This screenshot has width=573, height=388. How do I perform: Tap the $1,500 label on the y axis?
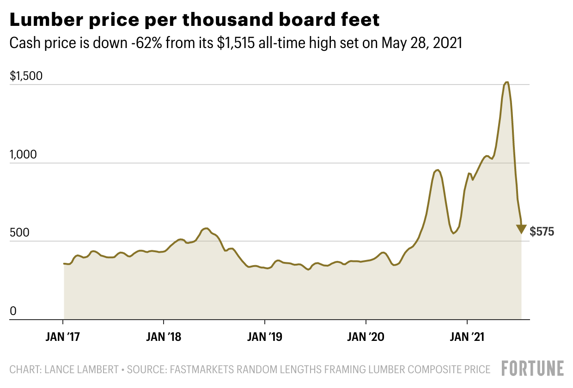pyautogui.click(x=26, y=76)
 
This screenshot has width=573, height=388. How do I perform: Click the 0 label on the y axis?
pyautogui.click(x=13, y=312)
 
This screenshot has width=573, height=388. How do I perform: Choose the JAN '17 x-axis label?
pyautogui.click(x=63, y=337)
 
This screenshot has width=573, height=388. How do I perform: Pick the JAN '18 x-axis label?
pyautogui.click(x=164, y=337)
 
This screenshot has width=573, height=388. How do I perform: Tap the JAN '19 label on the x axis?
pyautogui.click(x=264, y=337)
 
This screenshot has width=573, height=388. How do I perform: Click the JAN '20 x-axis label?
pyautogui.click(x=366, y=337)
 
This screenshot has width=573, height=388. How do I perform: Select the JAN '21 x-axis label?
pyautogui.click(x=467, y=337)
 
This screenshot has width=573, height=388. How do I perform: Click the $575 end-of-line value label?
pyautogui.click(x=542, y=232)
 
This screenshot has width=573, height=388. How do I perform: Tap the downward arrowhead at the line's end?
pyautogui.click(x=521, y=229)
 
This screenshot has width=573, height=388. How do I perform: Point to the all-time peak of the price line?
pyautogui.click(x=507, y=83)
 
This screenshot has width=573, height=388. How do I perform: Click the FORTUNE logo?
pyautogui.click(x=533, y=369)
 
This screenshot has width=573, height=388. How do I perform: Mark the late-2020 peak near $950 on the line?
pyautogui.click(x=438, y=170)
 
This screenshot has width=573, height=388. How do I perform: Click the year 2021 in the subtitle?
pyautogui.click(x=447, y=43)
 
